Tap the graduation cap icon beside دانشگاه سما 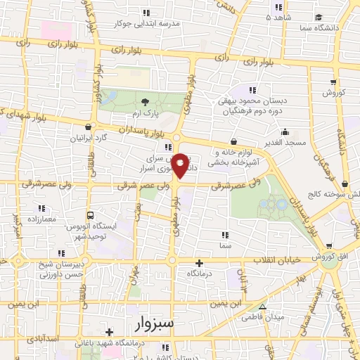(319, 17)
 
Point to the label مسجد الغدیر (286, 143)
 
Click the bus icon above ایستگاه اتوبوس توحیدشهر (89, 215)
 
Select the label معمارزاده (41, 219)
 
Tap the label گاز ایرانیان (86, 137)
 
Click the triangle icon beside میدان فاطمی (262, 307)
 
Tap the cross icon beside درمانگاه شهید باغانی (109, 333)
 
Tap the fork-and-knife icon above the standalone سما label (224, 235)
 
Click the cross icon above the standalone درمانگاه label (200, 262)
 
